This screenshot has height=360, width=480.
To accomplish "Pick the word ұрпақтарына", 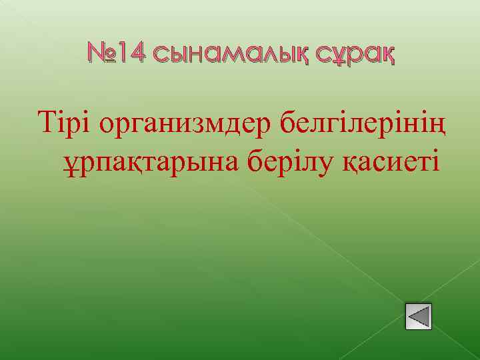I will tap(147, 162).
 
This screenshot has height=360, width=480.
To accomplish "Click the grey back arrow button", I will tap(419, 316).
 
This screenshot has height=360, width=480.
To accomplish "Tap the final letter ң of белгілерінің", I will tap(438, 125).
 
